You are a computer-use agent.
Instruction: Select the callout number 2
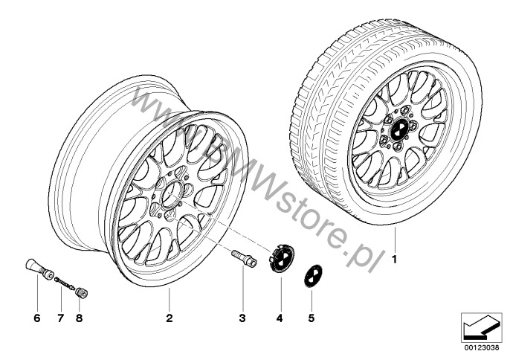(x=170, y=318)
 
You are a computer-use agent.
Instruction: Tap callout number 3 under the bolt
(x=242, y=318)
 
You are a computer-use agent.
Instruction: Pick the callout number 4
(x=280, y=318)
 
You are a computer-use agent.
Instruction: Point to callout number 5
(x=312, y=318)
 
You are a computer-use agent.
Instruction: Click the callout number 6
(x=37, y=318)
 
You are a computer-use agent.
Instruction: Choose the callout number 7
(x=61, y=318)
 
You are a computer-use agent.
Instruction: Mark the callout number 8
(x=79, y=318)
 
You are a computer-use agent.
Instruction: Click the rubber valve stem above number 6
(x=39, y=269)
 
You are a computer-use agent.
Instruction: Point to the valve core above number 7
(x=65, y=283)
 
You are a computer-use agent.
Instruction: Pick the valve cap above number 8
(x=81, y=292)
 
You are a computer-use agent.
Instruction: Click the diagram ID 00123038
(x=482, y=347)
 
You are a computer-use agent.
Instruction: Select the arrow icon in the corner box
(x=481, y=327)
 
